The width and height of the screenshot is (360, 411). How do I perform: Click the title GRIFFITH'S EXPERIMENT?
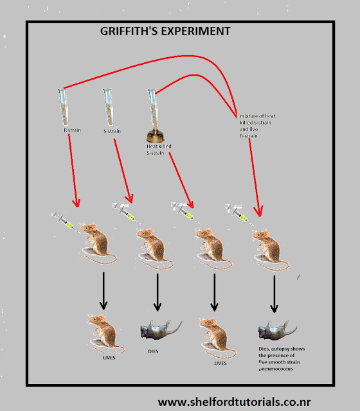pyautogui.click(x=166, y=31)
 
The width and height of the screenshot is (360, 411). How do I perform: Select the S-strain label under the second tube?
pyautogui.click(x=113, y=130)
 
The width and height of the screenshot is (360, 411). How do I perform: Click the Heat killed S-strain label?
pyautogui.click(x=159, y=150)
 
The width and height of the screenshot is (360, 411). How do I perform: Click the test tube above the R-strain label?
pyautogui.click(x=65, y=106)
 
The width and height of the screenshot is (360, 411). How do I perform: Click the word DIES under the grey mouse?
pyautogui.click(x=153, y=351)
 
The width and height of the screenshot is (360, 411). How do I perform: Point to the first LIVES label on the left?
pyautogui.click(x=109, y=357)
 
